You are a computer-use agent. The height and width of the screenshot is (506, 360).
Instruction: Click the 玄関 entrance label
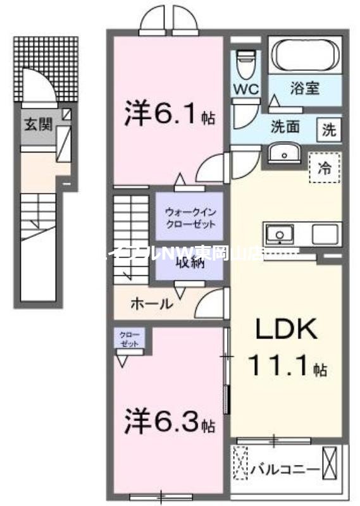pos(38,124)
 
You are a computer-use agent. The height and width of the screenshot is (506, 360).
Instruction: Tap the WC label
pos(247,89)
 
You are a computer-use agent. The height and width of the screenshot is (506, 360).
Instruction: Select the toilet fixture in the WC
pos(245,63)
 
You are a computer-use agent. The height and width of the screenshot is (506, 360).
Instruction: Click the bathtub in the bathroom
pos(306,56)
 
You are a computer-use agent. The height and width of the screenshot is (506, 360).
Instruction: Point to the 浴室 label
pos(304,89)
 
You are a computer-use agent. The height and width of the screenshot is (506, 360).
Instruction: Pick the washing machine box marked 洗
pos(329,130)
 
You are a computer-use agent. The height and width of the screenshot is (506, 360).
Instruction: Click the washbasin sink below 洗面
pos(283,153)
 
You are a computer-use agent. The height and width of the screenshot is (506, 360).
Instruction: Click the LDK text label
pos(285,330)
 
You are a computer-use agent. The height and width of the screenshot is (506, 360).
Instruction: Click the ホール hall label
pos(151,304)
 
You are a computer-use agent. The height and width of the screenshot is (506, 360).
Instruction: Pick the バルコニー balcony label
pos(285,469)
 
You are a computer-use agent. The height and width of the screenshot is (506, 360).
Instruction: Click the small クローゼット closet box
pos(130,338)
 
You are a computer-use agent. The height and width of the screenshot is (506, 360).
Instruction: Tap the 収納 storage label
pos(190,263)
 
